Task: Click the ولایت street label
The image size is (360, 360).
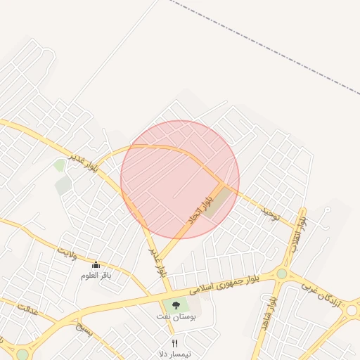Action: coord(67,252)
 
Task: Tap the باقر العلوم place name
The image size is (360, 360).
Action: coord(96,275)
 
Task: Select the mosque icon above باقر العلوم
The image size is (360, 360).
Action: coord(96,264)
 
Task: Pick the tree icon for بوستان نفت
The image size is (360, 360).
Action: coord(175,304)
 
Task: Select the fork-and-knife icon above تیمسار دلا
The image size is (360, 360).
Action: coord(175,343)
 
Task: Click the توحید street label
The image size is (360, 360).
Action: coord(271,213)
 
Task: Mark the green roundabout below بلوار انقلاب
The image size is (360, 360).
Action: coord(282,274)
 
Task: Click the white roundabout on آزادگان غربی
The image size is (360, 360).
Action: coord(352,309)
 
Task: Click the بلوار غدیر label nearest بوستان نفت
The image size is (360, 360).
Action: coord(157,260)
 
